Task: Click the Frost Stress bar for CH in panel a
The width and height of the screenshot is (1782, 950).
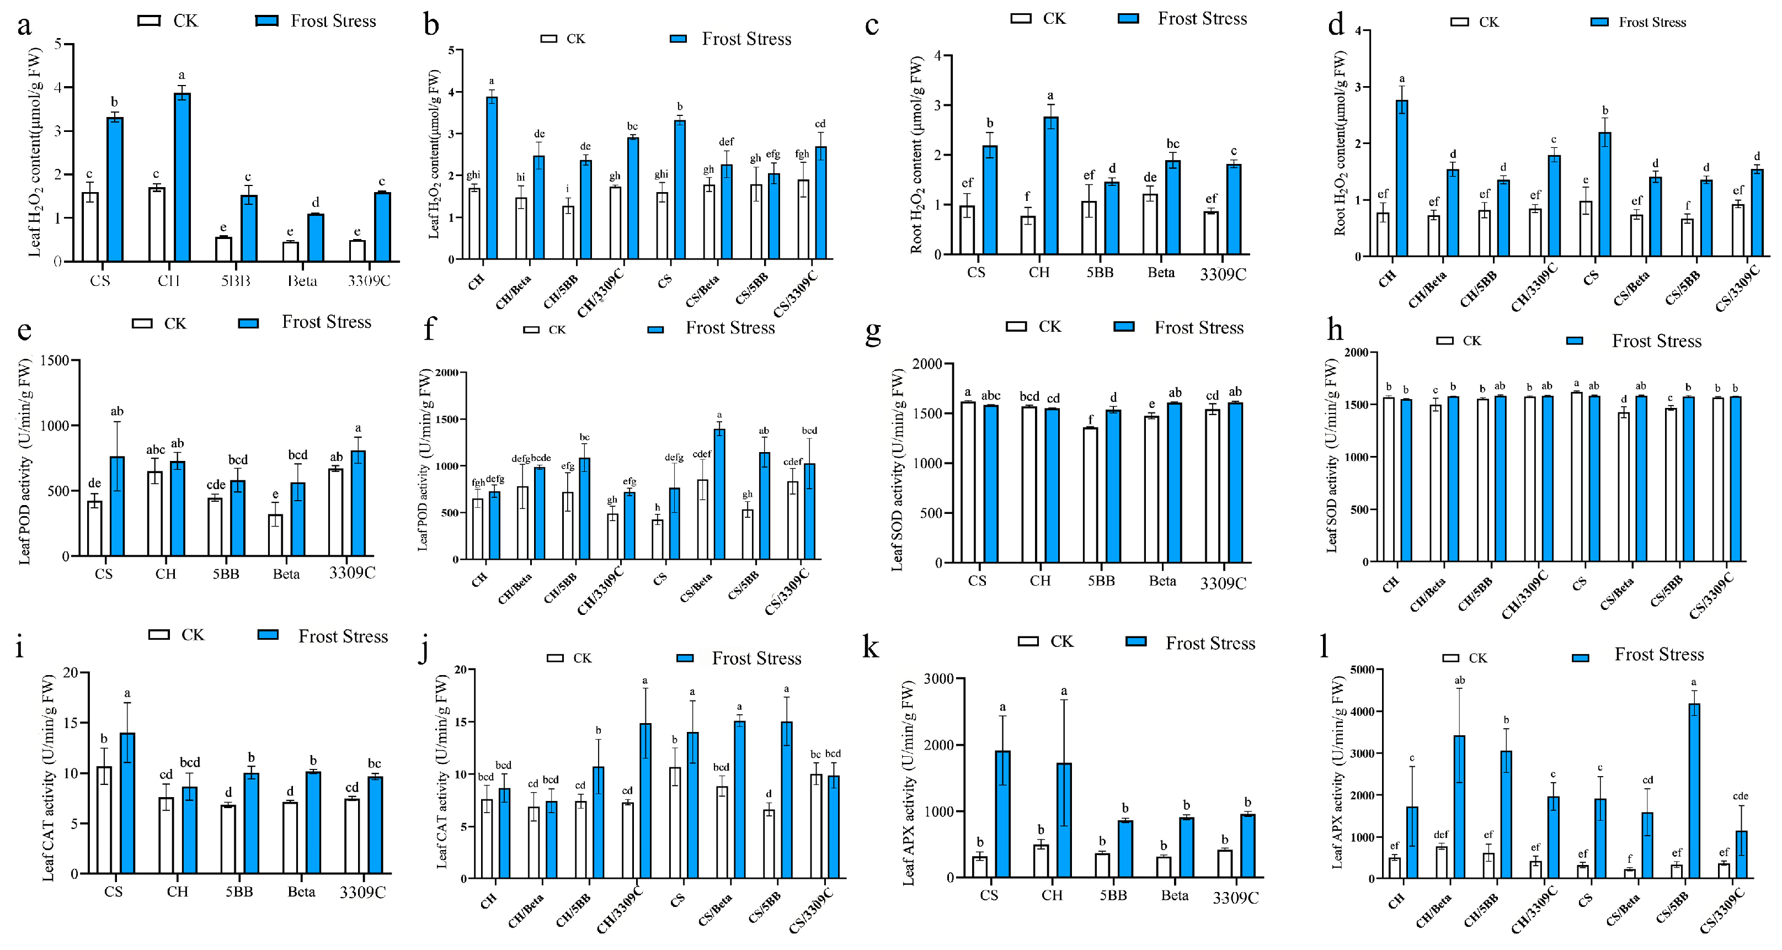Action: (x=182, y=177)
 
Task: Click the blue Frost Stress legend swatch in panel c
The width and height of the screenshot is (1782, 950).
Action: (x=1128, y=19)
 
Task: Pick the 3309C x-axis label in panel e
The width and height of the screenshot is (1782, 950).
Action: (x=352, y=573)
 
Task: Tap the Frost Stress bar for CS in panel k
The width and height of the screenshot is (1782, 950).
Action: (x=1002, y=814)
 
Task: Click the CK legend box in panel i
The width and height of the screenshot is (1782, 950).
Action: (x=159, y=634)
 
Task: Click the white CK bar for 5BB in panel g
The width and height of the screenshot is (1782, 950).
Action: (x=1090, y=495)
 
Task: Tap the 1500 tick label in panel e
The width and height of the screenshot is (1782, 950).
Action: (x=55, y=360)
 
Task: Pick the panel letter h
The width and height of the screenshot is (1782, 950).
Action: (x=1335, y=331)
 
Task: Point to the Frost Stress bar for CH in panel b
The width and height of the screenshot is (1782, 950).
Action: (x=492, y=178)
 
